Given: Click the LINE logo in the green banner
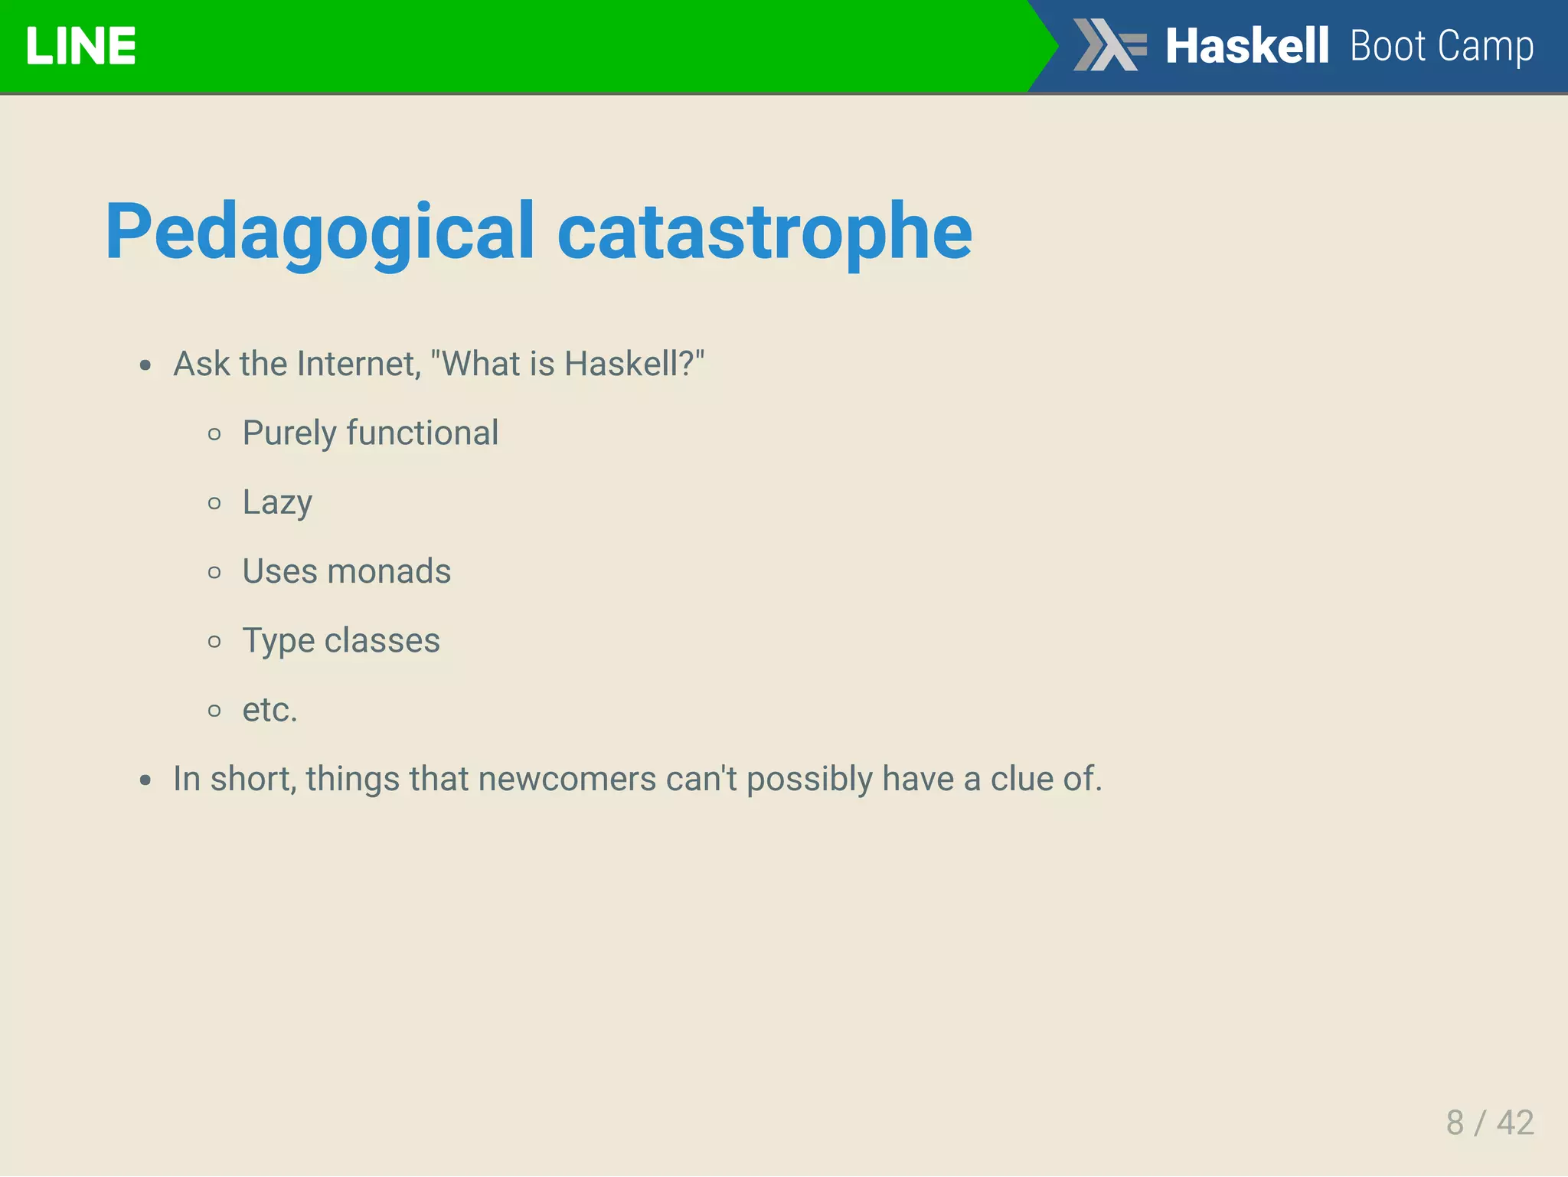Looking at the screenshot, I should pyautogui.click(x=80, y=46).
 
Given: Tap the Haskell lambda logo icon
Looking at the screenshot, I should pyautogui.click(x=1109, y=44).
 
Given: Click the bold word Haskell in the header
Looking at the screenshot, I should pyautogui.click(x=1246, y=46).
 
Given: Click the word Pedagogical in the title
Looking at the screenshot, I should pyautogui.click(x=319, y=232).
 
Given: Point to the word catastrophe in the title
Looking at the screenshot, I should pyautogui.click(x=764, y=232).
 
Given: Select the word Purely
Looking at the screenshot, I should pyautogui.click(x=289, y=433).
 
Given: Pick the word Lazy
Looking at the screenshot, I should pyautogui.click(x=277, y=503).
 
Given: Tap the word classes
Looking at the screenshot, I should pyautogui.click(x=382, y=640).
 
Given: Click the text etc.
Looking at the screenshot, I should pyautogui.click(x=269, y=710).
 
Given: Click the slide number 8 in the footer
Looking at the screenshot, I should pyautogui.click(x=1455, y=1123).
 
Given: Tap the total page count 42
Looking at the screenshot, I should pyautogui.click(x=1515, y=1123).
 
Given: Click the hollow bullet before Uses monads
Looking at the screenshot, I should pyautogui.click(x=214, y=572).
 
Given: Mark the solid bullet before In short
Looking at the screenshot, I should pyautogui.click(x=145, y=780).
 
